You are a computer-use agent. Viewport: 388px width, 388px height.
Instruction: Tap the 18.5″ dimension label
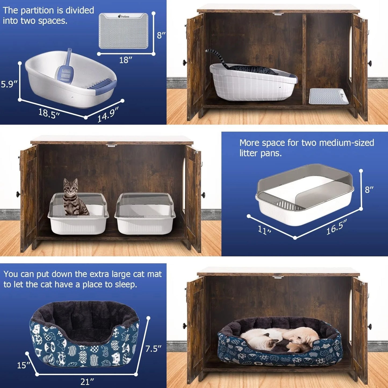[x=49, y=113]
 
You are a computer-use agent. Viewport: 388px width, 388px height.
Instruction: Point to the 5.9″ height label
[x=9, y=84]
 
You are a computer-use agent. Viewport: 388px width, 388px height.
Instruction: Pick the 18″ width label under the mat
[x=125, y=60]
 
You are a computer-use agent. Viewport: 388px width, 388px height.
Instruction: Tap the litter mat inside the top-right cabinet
[x=328, y=96]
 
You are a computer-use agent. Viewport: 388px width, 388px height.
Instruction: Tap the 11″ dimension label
[x=264, y=230]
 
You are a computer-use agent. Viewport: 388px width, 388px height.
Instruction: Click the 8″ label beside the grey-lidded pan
[x=369, y=190]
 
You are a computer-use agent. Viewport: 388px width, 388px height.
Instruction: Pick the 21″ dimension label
[x=87, y=382]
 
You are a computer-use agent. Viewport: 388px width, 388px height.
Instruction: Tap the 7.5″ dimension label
[x=153, y=349]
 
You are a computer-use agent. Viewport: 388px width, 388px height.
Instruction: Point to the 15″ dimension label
[x=24, y=365]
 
